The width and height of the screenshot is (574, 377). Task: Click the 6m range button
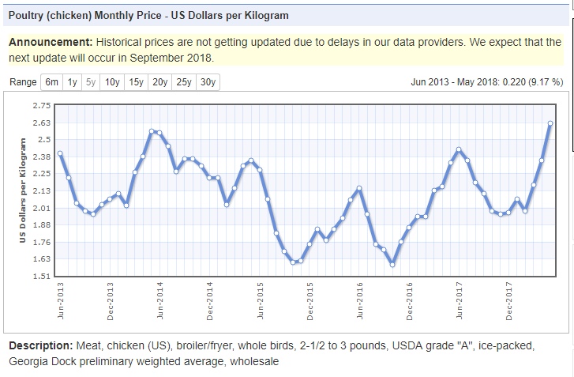point(52,82)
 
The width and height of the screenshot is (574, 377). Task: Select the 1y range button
point(73,82)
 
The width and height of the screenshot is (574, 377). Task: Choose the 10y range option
point(112,82)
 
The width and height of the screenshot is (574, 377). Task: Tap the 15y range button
point(137,82)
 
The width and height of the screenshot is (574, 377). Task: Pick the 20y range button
point(160,82)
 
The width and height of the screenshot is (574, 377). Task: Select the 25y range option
point(184,82)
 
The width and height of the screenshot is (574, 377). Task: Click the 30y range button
point(208,82)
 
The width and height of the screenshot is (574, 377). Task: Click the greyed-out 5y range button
point(91,82)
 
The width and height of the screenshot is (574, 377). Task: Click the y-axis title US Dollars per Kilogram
point(24,190)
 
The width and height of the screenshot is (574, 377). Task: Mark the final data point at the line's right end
point(550,123)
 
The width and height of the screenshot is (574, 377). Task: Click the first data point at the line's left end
point(60,153)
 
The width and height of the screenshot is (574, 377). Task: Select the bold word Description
point(40,346)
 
